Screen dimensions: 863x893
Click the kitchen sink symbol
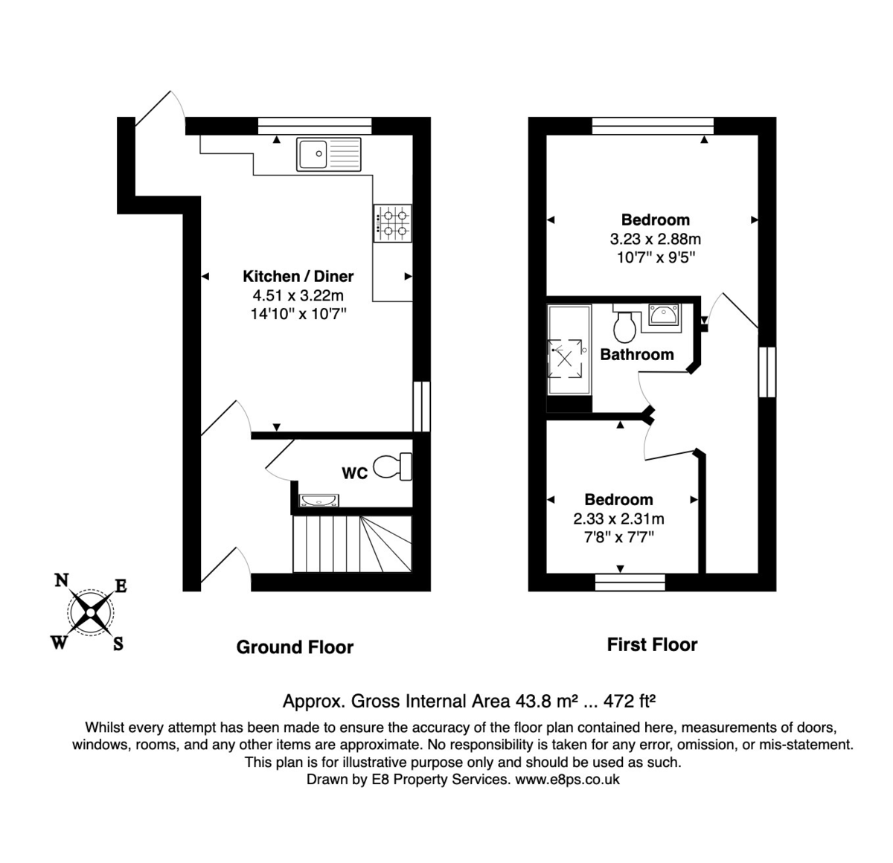click(x=328, y=155)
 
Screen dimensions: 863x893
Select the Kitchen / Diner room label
click(x=298, y=276)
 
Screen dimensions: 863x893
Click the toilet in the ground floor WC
click(x=392, y=466)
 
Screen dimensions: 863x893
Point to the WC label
click(x=354, y=473)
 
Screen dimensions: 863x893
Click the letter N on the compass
click(x=63, y=580)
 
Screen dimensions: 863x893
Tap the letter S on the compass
click(x=118, y=644)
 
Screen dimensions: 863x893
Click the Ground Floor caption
click(x=295, y=647)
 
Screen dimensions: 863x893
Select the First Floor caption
click(x=652, y=645)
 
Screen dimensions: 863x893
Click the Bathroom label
click(x=637, y=354)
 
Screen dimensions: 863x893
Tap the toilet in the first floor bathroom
click(x=624, y=324)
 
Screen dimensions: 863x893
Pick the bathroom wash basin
click(x=664, y=315)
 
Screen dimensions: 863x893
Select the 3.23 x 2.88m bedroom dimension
click(x=655, y=240)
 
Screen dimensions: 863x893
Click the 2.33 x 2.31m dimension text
click(x=618, y=519)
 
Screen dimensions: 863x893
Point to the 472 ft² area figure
click(x=629, y=701)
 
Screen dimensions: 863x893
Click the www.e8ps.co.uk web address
click(x=567, y=780)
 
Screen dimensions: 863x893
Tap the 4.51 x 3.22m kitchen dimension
click(x=298, y=295)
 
